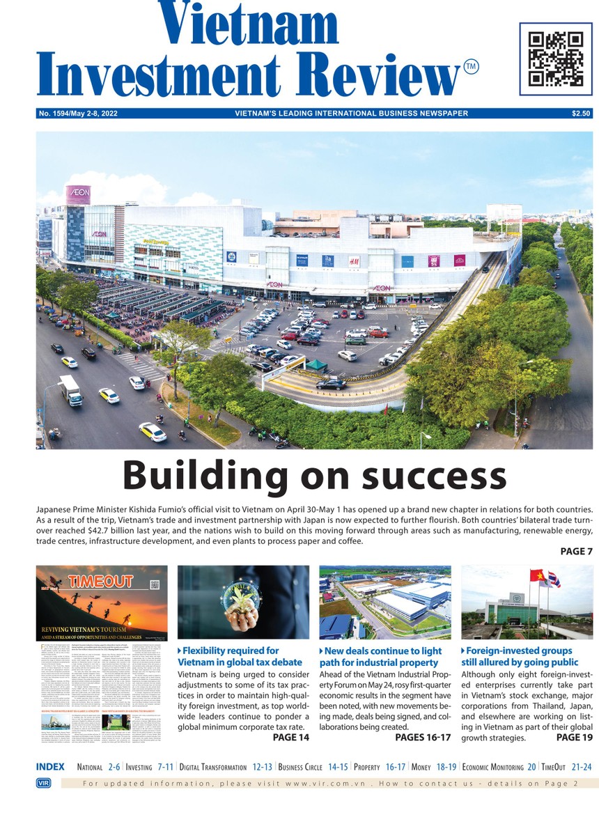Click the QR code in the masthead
click(x=555, y=59)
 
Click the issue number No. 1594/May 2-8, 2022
click(x=78, y=114)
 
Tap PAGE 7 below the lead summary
click(x=576, y=551)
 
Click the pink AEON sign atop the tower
click(x=78, y=194)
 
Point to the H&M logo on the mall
click(x=354, y=261)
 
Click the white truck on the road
click(x=70, y=389)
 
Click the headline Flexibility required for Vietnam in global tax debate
click(x=240, y=656)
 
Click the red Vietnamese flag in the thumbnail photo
click(x=537, y=577)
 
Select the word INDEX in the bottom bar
click(x=50, y=767)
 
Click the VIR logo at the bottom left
click(x=43, y=784)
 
